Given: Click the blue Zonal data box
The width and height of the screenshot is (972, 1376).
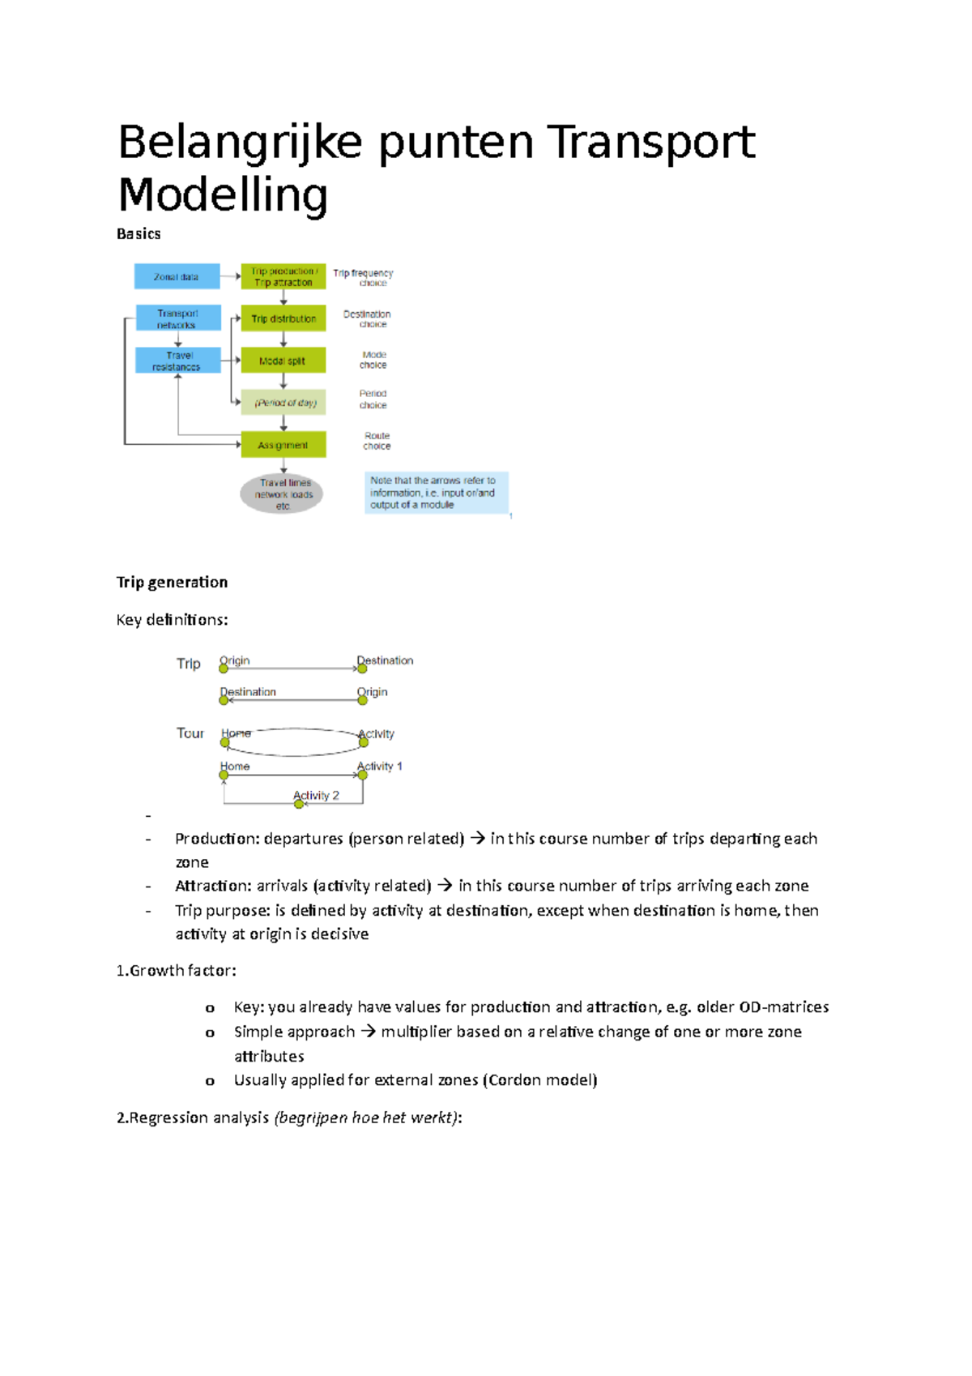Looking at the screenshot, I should pos(177,276).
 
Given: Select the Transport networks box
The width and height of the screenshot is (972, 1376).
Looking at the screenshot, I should pos(178,318).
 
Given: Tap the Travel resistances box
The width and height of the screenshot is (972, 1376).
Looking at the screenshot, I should pos(178,361).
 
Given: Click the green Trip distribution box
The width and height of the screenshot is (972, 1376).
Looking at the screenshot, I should pos(283,318).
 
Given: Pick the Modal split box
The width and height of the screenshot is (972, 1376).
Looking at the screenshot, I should pos(283,361).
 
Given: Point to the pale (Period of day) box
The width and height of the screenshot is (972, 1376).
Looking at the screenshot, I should pos(283,403).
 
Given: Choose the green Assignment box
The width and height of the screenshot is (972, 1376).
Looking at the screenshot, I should pos(283,445).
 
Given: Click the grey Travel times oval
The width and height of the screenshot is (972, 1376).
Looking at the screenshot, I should pos(283,494).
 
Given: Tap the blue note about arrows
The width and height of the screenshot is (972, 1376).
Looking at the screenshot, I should pos(436,493).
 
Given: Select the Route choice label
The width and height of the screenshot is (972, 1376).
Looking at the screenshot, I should pos(377,441).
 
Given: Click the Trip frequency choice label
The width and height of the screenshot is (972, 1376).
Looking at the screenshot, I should pos(364,278).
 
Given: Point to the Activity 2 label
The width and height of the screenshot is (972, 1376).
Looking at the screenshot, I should pos(317,795).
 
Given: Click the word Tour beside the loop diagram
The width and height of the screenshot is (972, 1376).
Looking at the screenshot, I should pos(190,733).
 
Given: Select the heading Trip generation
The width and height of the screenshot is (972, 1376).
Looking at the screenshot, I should pos(172,582).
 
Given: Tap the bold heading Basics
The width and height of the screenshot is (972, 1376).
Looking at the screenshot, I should pos(139,234).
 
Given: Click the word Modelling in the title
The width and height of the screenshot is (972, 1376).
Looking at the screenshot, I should pos(223,195).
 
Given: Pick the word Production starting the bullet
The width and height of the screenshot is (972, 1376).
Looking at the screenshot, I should pos(215,839).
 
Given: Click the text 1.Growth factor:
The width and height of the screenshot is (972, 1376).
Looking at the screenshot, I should pos(177,971).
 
